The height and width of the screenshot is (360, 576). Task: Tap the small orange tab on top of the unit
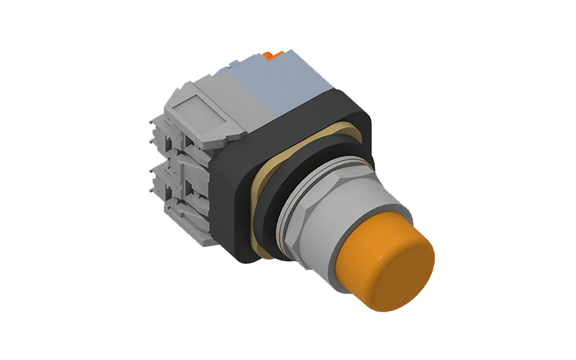[272, 55]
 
